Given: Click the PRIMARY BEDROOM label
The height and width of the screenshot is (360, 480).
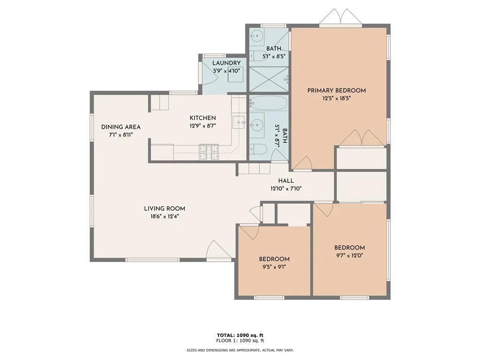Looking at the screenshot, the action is click(x=337, y=90).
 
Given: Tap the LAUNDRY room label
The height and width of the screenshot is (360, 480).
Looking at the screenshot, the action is click(x=226, y=63).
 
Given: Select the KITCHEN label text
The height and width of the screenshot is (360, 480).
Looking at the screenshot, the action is click(x=202, y=118).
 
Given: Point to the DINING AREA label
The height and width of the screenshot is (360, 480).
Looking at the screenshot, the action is click(x=121, y=127).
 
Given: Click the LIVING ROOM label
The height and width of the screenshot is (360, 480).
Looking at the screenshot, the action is click(x=165, y=209).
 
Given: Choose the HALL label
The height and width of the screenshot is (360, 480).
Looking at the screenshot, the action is click(x=286, y=181).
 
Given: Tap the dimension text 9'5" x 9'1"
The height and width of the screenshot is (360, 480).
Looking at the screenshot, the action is click(x=274, y=267).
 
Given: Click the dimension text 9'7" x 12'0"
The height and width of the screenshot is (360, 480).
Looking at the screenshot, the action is click(x=349, y=255).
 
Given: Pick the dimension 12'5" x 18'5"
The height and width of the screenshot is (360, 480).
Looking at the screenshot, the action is click(x=337, y=98).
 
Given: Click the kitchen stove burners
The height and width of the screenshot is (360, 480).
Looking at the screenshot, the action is click(x=209, y=152).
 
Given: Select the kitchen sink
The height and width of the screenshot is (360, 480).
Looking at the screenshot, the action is click(x=239, y=122).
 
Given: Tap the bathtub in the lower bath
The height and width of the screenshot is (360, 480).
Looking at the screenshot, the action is click(x=268, y=103).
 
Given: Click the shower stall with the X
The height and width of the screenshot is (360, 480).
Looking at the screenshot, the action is click(x=269, y=79).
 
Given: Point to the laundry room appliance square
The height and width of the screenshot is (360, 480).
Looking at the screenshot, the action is click(x=236, y=75).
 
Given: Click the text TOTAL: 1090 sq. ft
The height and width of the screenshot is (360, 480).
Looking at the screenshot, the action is click(x=240, y=335).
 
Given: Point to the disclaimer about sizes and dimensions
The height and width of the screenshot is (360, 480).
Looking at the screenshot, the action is click(x=240, y=350).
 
